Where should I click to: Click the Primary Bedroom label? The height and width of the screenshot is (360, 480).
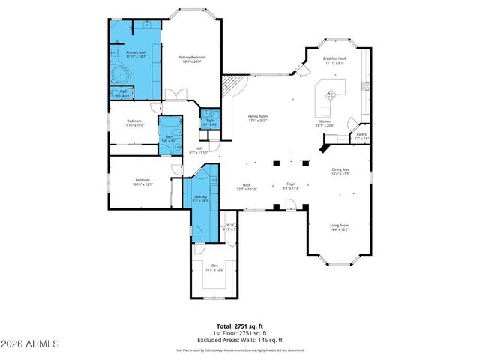coord(192,58)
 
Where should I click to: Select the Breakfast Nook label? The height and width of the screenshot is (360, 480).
coord(334,58)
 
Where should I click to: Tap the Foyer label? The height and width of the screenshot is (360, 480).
coord(291,184)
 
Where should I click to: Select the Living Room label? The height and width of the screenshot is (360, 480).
coord(340,225)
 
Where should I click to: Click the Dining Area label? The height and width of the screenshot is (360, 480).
coord(341,169)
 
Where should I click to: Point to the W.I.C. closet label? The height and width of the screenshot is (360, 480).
coord(232,225)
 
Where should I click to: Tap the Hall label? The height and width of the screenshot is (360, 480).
coord(199,148)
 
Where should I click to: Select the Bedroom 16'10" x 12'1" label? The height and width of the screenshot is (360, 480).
coord(143,180)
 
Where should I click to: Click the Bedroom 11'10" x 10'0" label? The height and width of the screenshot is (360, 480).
coord(134,121)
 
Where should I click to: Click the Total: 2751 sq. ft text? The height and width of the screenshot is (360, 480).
coord(240,325)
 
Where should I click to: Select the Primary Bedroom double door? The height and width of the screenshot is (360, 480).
coord(175,95)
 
